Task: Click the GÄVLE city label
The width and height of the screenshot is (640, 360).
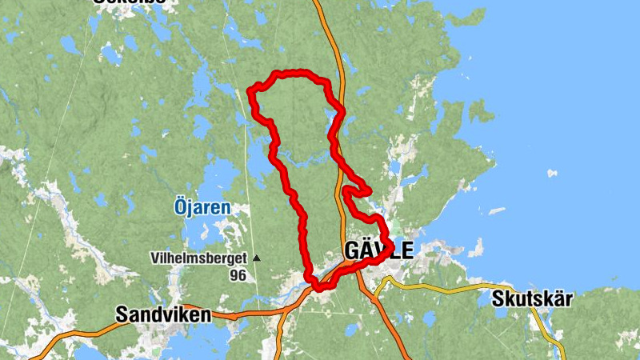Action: click(x=378, y=250)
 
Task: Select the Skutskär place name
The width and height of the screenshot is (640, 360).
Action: click(x=532, y=299)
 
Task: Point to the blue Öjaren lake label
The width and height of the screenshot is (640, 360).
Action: click(x=202, y=207)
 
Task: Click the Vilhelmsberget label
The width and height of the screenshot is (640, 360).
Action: click(x=199, y=258)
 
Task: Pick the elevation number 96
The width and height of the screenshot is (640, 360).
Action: click(x=237, y=275)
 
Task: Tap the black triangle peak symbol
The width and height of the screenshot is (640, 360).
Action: click(x=257, y=258)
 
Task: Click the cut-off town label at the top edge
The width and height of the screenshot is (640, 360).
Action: click(x=129, y=2)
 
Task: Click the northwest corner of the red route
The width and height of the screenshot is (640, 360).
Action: click(x=253, y=90)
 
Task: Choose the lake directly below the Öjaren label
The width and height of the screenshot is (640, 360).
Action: click(x=204, y=232)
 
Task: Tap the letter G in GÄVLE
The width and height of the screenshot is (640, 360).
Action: click(x=352, y=250)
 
